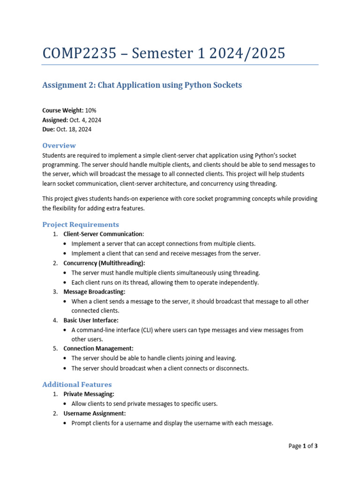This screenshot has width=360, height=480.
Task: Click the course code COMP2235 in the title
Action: [79, 53]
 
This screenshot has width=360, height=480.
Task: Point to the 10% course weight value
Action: [91, 110]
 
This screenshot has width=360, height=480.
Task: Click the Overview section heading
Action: [59, 145]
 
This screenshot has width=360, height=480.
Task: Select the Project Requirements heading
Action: [81, 225]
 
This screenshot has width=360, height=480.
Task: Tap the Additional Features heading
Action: [77, 384]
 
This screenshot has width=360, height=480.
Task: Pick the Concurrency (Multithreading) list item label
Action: [104, 263]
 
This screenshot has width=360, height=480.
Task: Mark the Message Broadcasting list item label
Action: [94, 292]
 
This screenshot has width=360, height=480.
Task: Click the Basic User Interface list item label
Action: [91, 320]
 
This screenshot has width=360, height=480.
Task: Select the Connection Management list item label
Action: [98, 349]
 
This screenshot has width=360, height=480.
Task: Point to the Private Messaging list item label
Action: [89, 394]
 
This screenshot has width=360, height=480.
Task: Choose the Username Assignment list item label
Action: [95, 413]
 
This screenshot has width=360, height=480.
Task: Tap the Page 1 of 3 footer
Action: [303, 446]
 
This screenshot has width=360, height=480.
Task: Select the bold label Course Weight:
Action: [63, 110]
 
